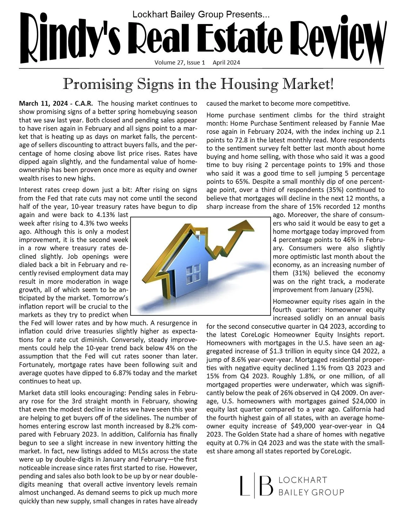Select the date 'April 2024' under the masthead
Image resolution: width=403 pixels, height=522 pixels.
[226, 63]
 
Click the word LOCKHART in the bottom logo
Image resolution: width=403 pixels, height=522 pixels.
[302, 480]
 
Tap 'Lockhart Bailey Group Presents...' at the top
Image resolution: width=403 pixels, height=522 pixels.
[201, 14]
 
